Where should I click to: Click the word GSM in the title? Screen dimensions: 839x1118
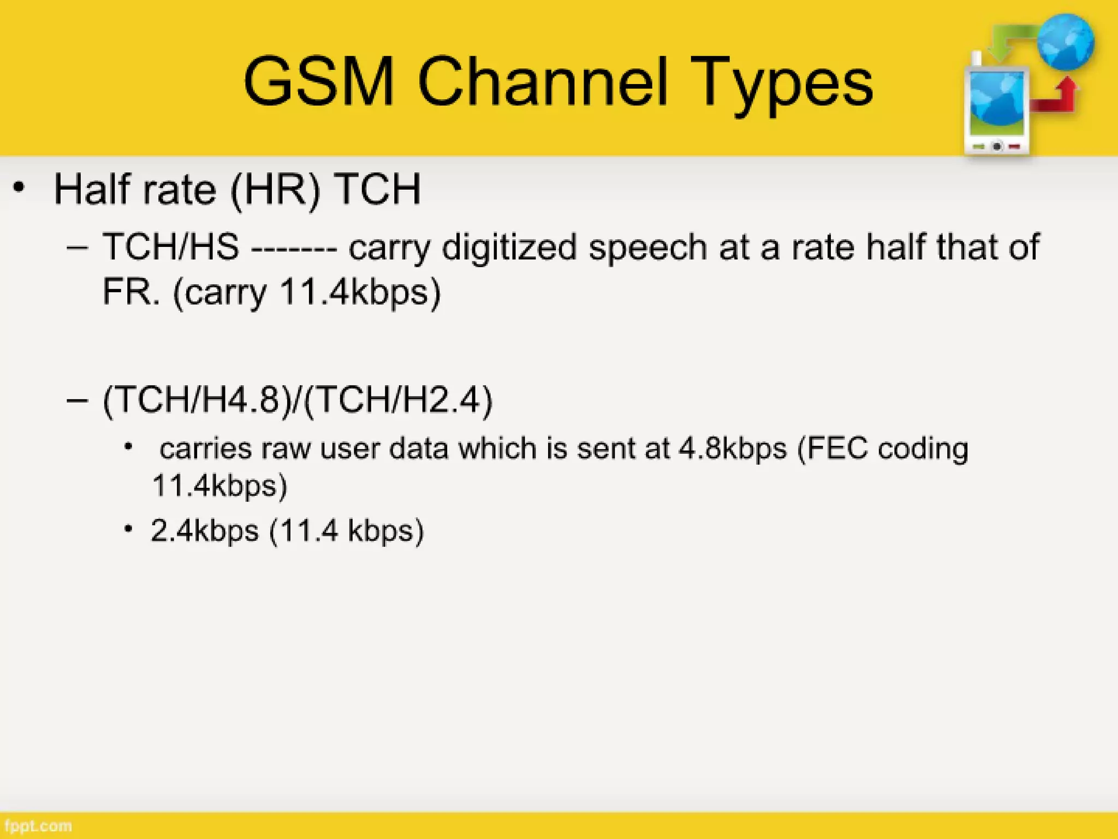pos(318,82)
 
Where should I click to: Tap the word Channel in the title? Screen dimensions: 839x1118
pos(543,82)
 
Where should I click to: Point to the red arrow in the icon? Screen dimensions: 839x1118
pos(1056,98)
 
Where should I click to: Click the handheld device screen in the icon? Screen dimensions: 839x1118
pos(997,104)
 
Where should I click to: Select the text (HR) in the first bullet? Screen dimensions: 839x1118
pos(275,190)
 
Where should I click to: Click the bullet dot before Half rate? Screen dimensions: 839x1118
pos(19,188)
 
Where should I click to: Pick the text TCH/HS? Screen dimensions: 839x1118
pos(171,247)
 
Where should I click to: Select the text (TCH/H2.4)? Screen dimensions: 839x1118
pos(397,400)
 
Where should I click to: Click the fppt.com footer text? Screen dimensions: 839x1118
pos(37,826)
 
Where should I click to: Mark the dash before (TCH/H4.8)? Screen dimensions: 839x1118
pos(77,400)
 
